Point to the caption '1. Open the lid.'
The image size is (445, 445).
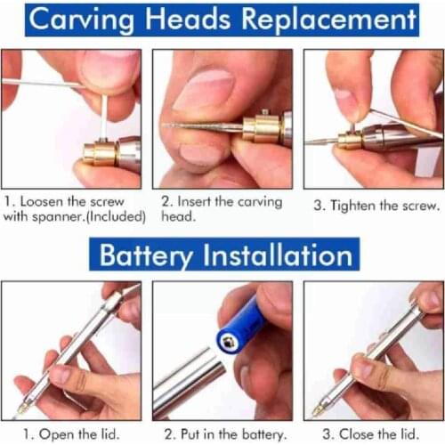tap(70, 433)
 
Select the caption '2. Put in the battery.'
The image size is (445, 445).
tap(222, 433)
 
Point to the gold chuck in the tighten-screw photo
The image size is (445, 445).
tap(350, 140)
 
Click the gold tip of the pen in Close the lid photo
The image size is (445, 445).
tap(320, 409)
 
